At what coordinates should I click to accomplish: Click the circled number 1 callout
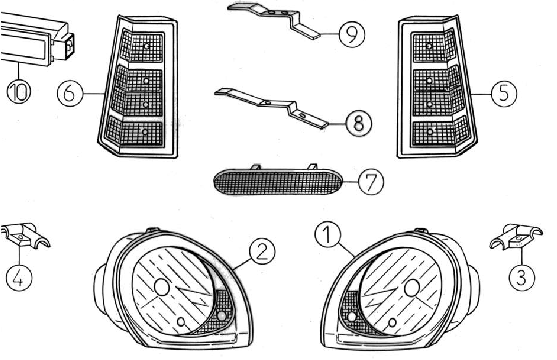[328, 234]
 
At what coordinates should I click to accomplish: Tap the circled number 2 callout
[262, 252]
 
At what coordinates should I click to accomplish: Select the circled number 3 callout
[521, 277]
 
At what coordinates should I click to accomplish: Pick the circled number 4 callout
[19, 278]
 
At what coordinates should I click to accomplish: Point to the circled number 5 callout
[504, 94]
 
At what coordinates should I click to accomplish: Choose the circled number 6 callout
[70, 93]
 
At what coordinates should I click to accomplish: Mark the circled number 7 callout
[371, 182]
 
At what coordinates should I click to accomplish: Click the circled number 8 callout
[358, 123]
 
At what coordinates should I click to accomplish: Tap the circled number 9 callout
[352, 34]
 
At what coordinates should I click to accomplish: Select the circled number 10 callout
[19, 91]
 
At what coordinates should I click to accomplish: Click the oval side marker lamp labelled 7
[277, 181]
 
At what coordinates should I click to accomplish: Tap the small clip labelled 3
[516, 237]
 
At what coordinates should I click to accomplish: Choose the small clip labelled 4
[24, 236]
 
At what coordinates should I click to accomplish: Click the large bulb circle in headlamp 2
[162, 287]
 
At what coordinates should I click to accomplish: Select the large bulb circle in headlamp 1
[412, 287]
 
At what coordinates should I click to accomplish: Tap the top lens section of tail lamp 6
[142, 46]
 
